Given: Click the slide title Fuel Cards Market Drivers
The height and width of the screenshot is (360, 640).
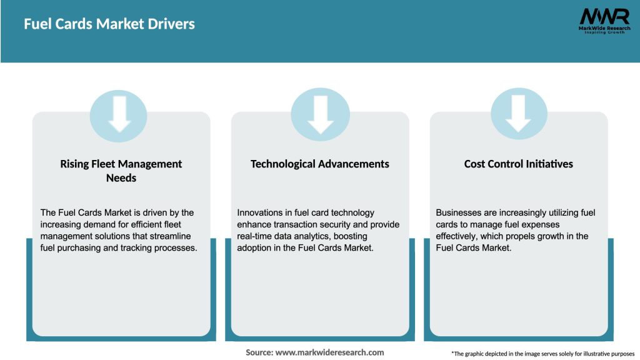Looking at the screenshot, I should point(109,24).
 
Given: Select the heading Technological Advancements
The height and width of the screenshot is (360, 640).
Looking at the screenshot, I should point(319,164).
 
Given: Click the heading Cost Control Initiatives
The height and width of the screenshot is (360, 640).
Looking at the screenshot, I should point(518,164).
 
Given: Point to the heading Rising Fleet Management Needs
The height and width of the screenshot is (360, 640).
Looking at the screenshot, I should point(121,171).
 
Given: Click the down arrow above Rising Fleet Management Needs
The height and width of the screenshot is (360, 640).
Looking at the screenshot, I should point(119,114).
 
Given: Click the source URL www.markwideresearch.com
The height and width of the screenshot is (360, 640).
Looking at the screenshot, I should point(330,352).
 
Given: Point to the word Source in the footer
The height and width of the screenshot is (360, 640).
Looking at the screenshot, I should point(259,352).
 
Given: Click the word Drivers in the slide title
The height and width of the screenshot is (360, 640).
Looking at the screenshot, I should point(171,24).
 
